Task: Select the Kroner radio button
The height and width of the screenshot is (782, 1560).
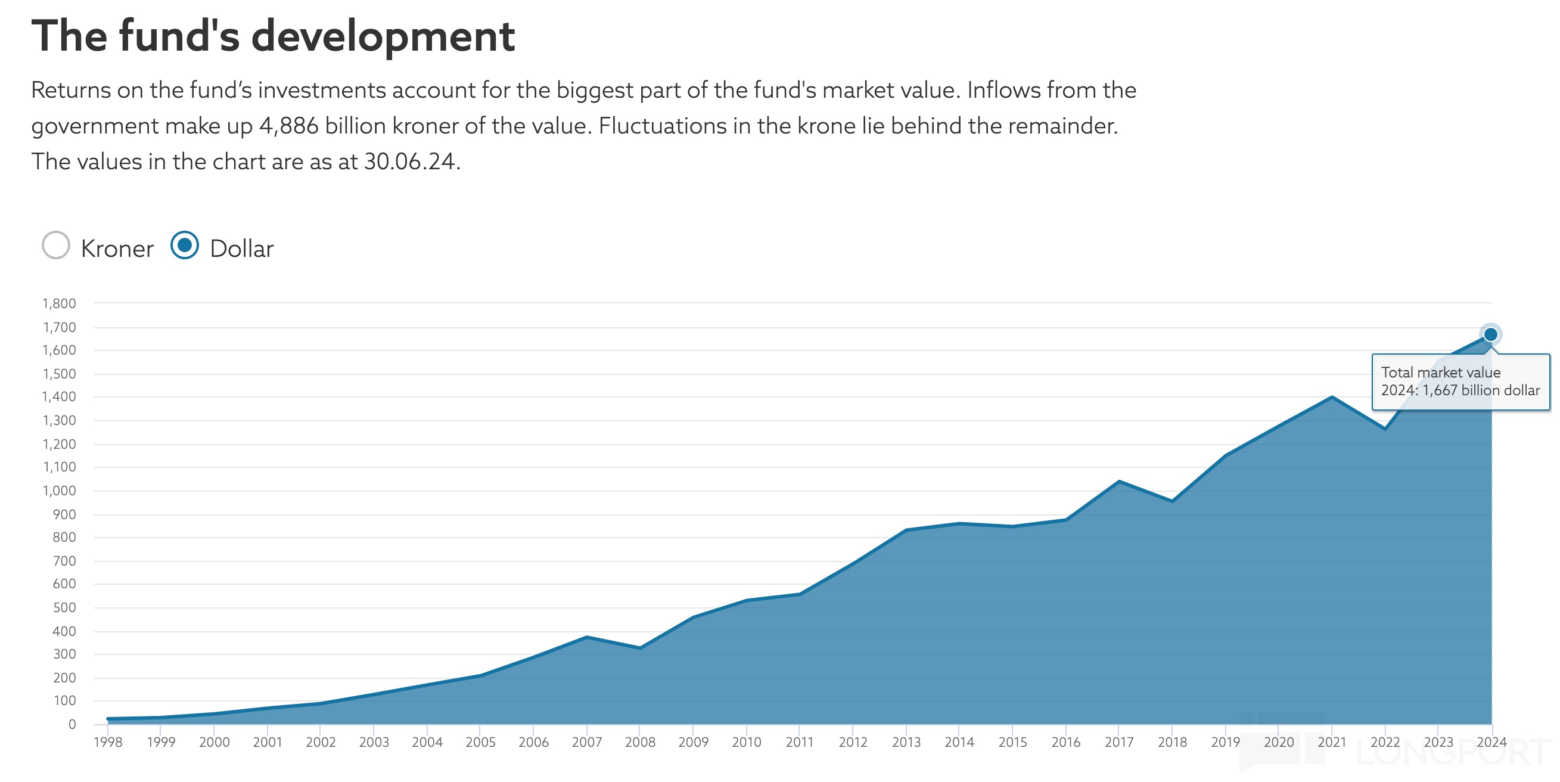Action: click(56, 246)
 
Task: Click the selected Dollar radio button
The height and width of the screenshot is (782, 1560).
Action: click(185, 246)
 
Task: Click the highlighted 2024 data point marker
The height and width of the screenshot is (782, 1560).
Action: click(1490, 334)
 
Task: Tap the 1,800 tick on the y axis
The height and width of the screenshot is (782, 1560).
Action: click(60, 303)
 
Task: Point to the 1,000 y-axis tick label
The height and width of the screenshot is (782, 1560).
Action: click(60, 491)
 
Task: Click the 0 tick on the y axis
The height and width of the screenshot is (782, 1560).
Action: click(72, 724)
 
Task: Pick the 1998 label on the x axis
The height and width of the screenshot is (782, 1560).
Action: click(108, 742)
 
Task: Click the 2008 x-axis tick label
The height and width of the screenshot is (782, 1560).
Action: click(640, 742)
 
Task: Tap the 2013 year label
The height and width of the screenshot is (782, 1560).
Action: click(906, 742)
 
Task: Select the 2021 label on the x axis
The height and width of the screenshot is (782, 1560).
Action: click(1332, 742)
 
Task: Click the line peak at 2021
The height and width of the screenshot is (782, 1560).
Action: click(1332, 398)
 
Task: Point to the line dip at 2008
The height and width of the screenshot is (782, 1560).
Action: click(640, 647)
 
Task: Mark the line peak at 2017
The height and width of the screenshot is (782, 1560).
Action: click(1119, 482)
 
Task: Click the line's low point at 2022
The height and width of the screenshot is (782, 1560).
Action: click(1385, 429)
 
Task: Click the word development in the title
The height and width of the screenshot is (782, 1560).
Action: click(383, 36)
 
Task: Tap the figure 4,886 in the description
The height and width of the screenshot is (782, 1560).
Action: click(289, 126)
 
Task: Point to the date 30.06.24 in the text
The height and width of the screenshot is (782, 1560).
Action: click(409, 162)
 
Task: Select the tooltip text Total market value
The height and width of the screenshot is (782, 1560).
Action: click(1440, 373)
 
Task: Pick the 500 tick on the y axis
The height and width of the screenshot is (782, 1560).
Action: click(64, 607)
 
